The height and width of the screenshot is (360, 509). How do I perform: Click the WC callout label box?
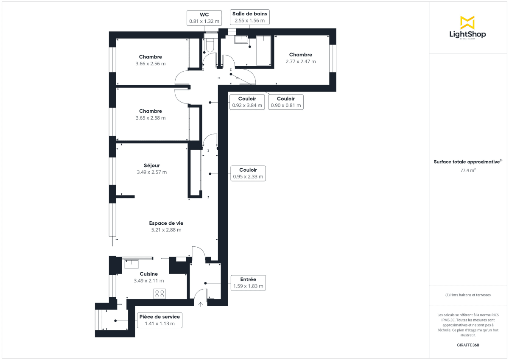point(204,18)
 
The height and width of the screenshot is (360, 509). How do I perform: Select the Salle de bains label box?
point(249,17)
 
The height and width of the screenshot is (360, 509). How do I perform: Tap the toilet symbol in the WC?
point(210,45)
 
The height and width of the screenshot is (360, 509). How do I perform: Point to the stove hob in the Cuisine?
point(160,294)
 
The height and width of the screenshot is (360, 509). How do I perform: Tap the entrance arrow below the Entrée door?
point(200,303)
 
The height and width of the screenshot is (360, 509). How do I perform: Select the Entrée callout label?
point(248,283)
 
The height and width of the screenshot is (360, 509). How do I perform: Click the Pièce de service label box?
point(159,320)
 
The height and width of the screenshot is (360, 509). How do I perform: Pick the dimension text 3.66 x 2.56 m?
point(150,64)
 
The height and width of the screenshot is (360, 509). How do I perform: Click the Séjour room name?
point(151,165)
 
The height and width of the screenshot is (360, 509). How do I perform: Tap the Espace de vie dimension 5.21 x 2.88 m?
point(166,230)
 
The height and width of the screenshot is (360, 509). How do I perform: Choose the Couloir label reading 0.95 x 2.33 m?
point(248,173)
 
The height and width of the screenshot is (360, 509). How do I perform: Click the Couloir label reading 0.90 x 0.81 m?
point(285,102)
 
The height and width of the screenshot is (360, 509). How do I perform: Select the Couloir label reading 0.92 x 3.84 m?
point(247,102)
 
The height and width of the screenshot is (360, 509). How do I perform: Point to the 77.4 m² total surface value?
point(467,170)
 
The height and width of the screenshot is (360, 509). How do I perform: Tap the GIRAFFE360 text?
point(467,345)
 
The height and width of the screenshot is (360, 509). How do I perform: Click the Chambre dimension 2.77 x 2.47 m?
point(301,61)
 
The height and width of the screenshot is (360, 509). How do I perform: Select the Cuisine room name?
point(148,274)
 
